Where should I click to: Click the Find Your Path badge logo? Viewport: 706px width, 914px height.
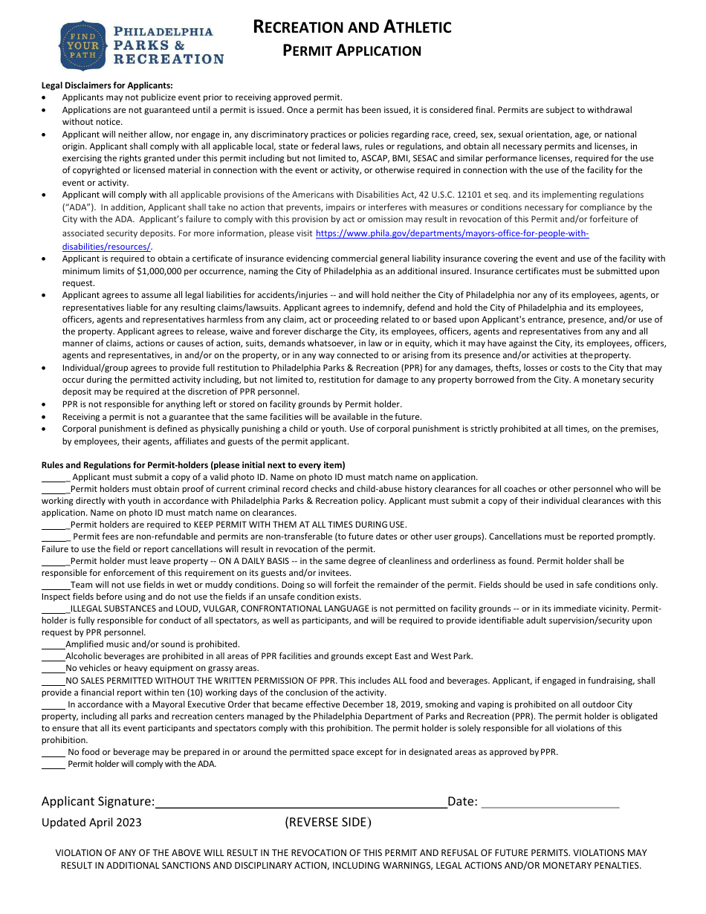(x=82, y=45)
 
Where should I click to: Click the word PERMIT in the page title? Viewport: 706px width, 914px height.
(x=308, y=51)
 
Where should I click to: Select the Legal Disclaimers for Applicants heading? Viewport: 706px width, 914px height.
(x=107, y=85)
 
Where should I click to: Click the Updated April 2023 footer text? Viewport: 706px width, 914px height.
(x=91, y=822)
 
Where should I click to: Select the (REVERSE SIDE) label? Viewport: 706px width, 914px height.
(x=328, y=822)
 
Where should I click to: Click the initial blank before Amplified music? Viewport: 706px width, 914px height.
(x=53, y=644)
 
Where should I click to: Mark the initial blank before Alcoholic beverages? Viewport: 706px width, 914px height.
(x=53, y=656)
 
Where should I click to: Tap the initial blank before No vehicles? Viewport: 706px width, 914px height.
(x=53, y=668)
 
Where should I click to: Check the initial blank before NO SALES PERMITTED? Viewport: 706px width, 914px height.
(x=53, y=680)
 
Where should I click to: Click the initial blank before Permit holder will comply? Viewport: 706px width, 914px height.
(x=54, y=764)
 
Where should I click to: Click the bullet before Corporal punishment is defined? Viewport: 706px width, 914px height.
(x=46, y=430)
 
